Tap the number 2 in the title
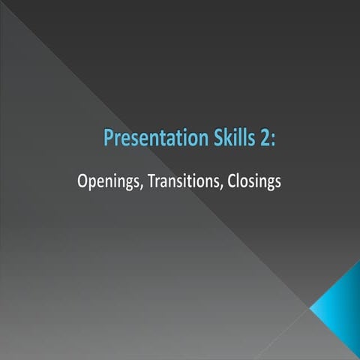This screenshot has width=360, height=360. click(x=266, y=139)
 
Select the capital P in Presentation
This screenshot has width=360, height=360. click(x=107, y=139)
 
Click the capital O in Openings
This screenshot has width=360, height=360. click(x=82, y=181)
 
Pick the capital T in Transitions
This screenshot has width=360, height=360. click(x=151, y=181)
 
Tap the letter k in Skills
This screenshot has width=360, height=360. click(x=226, y=139)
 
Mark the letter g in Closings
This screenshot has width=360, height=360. click(x=268, y=184)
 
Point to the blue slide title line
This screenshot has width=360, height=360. click(x=190, y=139)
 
